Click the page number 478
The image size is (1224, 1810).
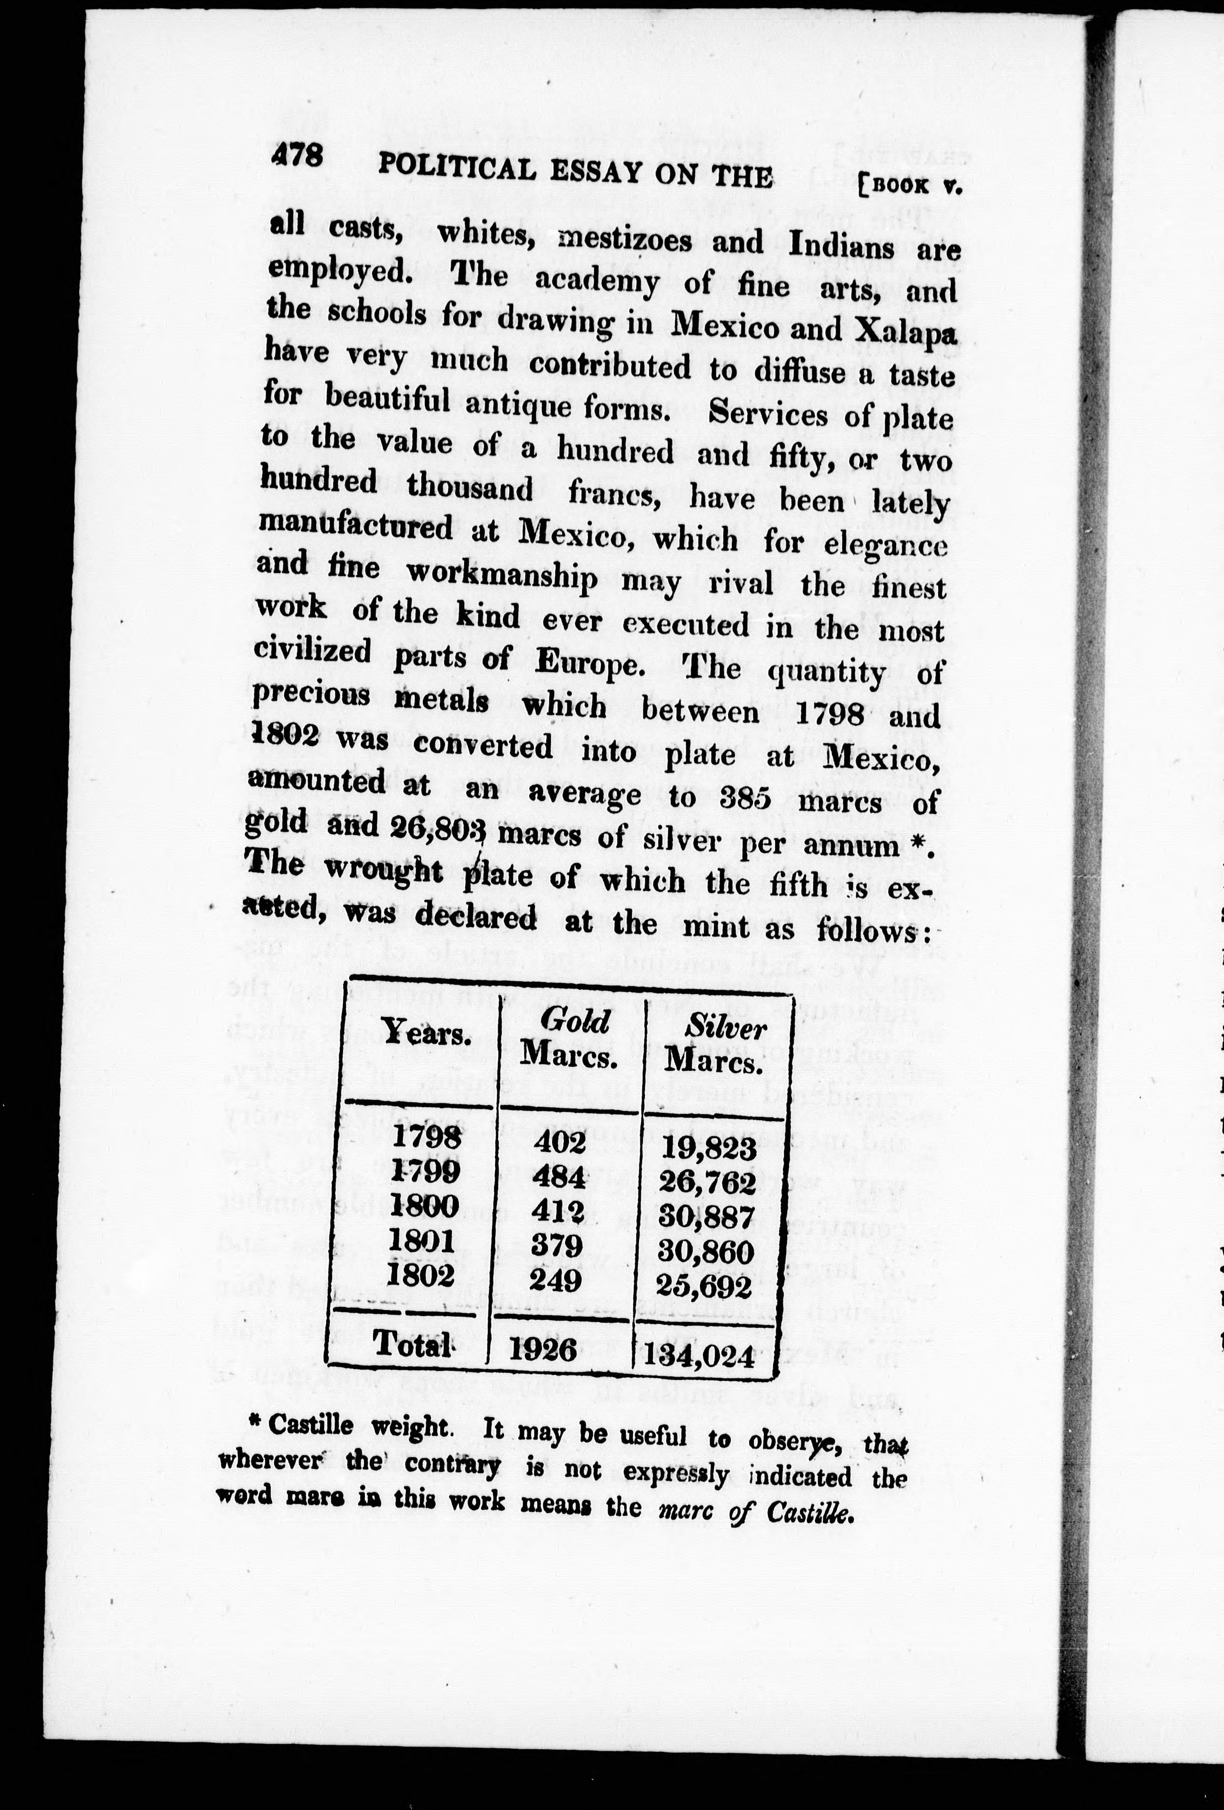point(297,156)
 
